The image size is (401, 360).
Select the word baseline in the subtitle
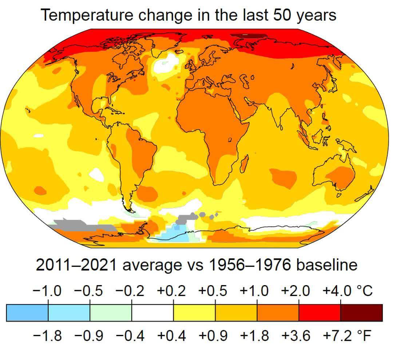click(326, 265)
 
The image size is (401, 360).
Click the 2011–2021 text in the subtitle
click(76, 265)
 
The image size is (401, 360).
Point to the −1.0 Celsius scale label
click(47, 291)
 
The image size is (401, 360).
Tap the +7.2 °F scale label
click(347, 336)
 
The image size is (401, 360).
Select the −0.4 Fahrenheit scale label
click(130, 336)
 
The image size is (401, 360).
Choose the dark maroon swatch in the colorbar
click(362, 313)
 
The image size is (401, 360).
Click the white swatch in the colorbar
click(153, 313)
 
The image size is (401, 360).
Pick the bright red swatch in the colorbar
click(320, 313)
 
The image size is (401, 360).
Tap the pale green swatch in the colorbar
click(111, 313)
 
